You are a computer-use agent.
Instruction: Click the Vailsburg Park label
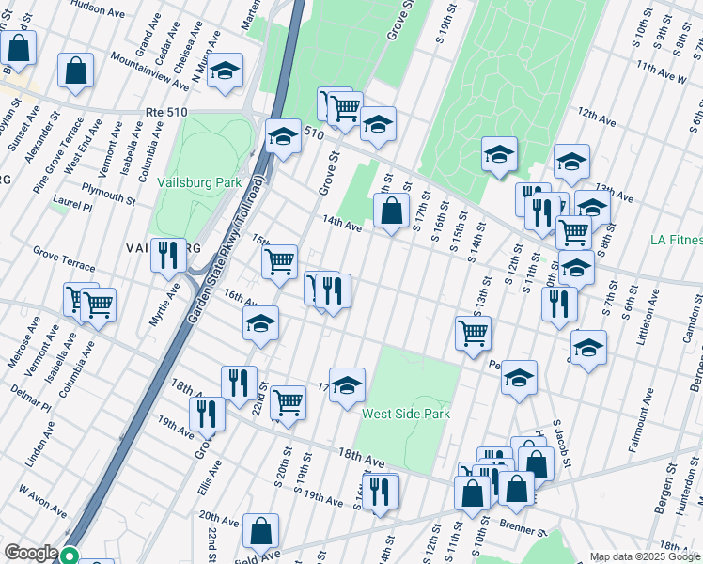coord(199,182)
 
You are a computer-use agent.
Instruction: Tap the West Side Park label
coord(406,414)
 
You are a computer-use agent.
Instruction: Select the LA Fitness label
coord(676,240)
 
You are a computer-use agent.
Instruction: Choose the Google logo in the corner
coord(31,554)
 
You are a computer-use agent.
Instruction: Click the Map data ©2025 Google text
coord(646,556)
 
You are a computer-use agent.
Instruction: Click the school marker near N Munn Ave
coord(226,71)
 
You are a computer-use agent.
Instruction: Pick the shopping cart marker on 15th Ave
coord(279,263)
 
